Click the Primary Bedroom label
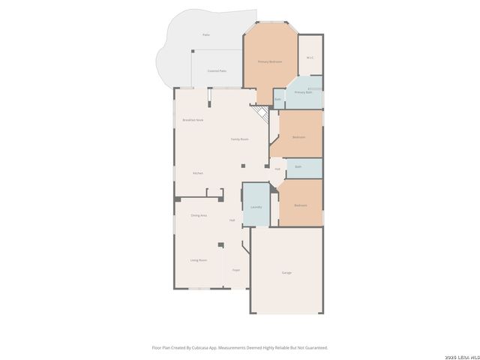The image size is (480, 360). (269, 61)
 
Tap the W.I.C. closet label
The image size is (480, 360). (310, 58)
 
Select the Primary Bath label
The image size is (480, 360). (302, 92)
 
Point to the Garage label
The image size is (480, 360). (286, 272)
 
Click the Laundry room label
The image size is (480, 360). (256, 206)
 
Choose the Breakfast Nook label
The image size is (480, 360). (193, 120)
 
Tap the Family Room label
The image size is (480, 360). (239, 139)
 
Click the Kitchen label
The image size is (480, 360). (197, 173)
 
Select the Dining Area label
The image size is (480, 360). (199, 215)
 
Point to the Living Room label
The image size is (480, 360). (198, 260)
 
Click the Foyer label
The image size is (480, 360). (235, 269)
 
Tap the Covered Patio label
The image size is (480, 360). (217, 71)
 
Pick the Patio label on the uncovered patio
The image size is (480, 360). (206, 35)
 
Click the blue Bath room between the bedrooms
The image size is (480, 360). (298, 166)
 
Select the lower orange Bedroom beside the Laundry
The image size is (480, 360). (300, 205)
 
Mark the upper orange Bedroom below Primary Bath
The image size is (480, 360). (298, 137)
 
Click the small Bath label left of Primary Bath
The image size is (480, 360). (277, 99)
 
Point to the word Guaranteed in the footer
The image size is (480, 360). (316, 347)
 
